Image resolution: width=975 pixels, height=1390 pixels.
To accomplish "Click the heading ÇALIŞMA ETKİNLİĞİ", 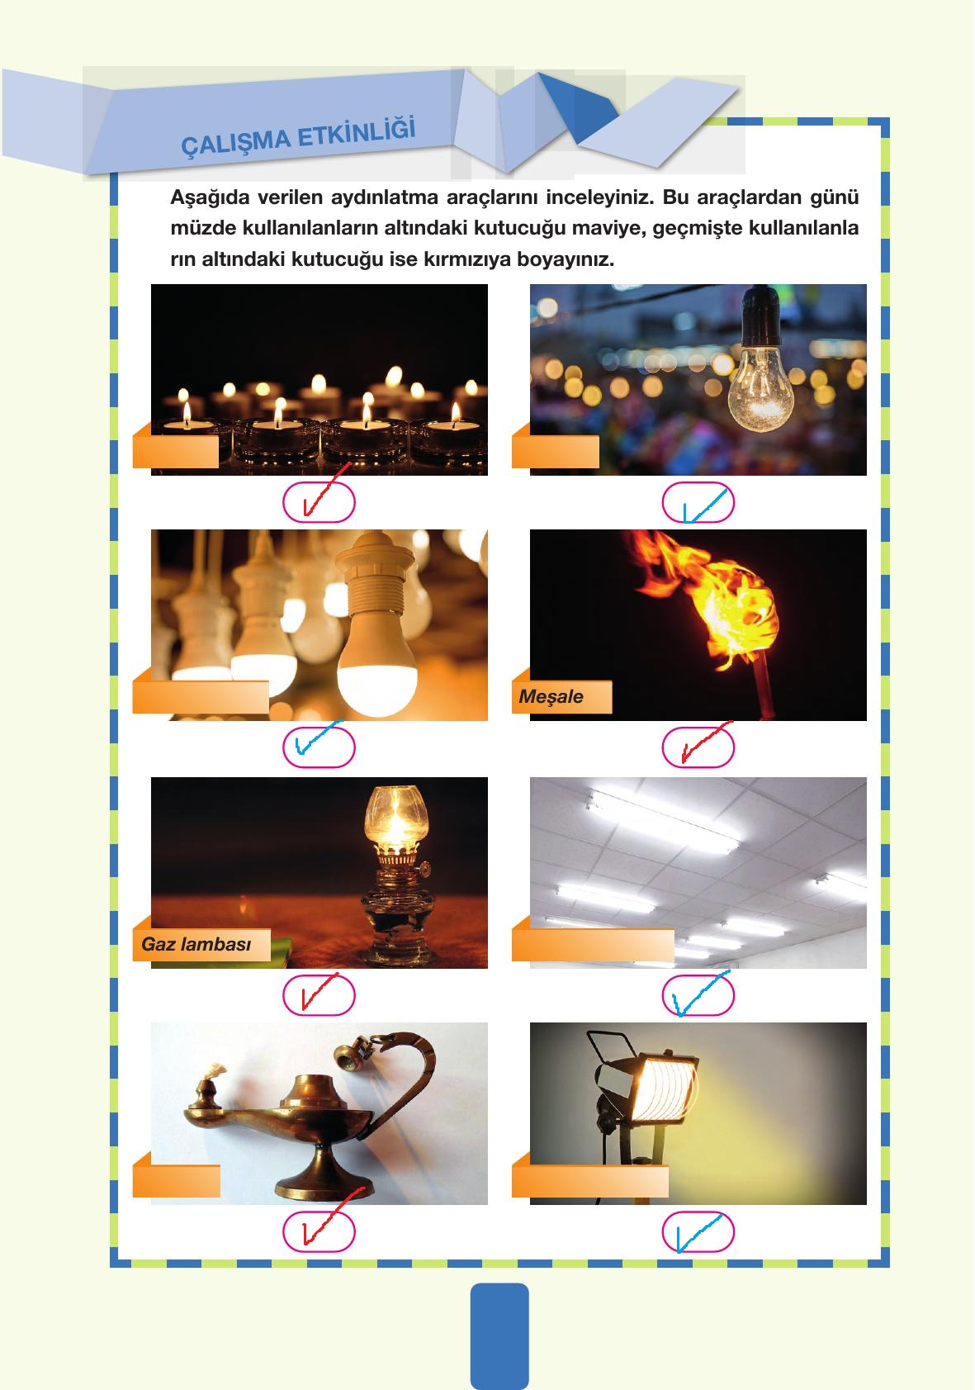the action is point(298,137).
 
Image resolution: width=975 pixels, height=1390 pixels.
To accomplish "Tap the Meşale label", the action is point(551,696).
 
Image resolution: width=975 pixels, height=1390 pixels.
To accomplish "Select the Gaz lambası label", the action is point(196,944).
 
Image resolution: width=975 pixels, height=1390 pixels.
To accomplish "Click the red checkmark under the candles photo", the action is point(326,491).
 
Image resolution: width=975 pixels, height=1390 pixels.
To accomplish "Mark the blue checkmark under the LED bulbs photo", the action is point(318,737).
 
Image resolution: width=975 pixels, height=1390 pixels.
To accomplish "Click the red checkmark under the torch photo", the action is point(706,742).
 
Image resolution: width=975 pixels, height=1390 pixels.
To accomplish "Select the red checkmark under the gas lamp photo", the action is point(319,990).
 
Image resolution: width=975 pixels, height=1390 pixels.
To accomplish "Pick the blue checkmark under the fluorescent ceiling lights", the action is point(700,994).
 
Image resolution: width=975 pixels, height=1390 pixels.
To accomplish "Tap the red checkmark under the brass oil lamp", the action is point(332,1217).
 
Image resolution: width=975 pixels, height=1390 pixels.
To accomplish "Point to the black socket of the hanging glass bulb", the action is point(761,315).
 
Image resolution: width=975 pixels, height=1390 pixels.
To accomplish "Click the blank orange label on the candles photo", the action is point(176,451).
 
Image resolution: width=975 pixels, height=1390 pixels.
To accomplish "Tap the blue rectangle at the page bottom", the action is point(499,1336).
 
